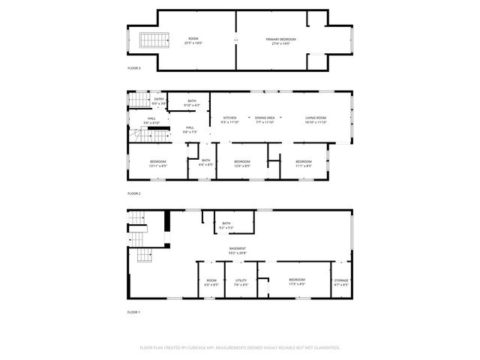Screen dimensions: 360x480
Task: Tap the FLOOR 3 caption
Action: pos(133,67)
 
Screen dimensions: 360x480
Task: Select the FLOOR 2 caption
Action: pos(133,193)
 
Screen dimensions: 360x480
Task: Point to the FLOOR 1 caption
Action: pos(133,311)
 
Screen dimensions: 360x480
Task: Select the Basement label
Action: pos(238,250)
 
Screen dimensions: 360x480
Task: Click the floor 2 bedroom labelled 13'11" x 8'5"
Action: pos(157,163)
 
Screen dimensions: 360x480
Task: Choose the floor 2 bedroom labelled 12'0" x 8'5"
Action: pos(241,163)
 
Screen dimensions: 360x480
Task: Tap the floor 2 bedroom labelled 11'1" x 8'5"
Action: pos(303,163)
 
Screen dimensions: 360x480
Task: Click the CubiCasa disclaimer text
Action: pos(240,347)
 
